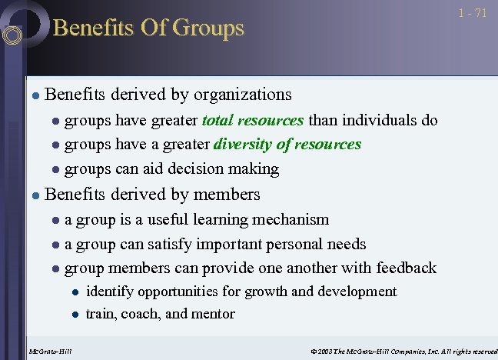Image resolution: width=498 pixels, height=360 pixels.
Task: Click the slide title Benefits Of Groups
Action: click(148, 28)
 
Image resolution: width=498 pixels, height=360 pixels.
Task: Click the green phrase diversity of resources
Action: click(287, 144)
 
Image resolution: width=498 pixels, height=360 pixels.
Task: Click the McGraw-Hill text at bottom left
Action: click(49, 352)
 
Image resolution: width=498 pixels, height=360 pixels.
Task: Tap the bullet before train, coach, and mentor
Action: click(75, 315)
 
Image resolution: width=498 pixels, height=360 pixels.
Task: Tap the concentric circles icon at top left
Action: click(13, 34)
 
